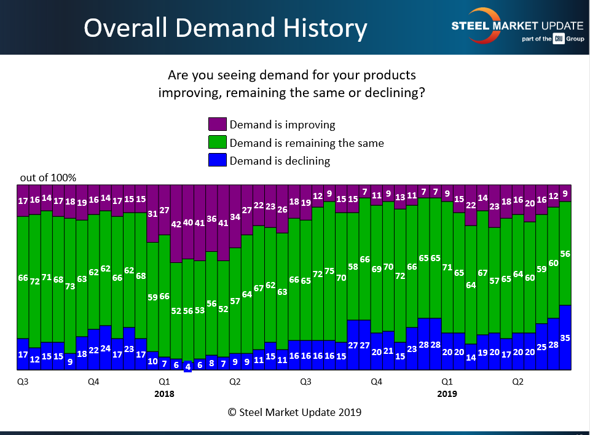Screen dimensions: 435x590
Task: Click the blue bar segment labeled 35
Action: [x=565, y=337]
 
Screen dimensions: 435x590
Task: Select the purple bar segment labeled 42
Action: [x=176, y=224]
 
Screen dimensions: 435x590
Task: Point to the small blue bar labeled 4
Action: [x=188, y=367]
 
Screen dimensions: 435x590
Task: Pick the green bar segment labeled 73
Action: [x=70, y=286]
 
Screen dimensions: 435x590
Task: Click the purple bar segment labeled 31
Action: [x=152, y=214]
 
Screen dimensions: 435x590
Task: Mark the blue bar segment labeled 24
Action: [x=106, y=348]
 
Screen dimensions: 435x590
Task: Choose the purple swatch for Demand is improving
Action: [x=218, y=125]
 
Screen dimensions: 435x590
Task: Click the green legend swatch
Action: [x=218, y=143]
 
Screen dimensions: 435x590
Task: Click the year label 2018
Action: [x=164, y=394]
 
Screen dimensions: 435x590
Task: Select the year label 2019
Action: [x=447, y=394]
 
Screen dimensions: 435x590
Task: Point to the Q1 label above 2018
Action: [x=164, y=382]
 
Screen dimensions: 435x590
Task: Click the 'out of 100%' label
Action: [x=48, y=178]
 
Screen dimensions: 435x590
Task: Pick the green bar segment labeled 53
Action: [x=200, y=310]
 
